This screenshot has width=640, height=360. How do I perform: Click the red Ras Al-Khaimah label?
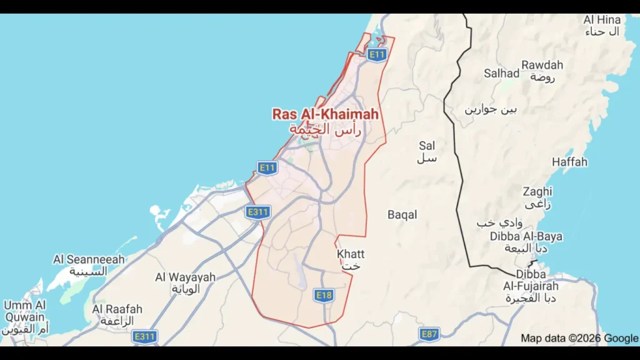325,114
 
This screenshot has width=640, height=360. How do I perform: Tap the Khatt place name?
350,254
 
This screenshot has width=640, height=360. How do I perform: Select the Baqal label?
402,214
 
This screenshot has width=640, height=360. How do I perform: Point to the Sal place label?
427,146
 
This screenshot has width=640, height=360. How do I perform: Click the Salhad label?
501,73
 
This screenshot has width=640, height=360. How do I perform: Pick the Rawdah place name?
542,65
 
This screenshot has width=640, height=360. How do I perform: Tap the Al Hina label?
602,20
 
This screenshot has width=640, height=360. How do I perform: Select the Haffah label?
569,162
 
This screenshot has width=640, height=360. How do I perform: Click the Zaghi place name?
537,191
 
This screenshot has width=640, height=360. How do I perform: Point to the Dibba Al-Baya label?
526,236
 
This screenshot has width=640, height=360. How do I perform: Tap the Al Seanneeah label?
89,259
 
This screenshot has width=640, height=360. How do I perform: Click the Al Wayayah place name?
185,277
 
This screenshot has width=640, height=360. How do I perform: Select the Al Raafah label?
117,309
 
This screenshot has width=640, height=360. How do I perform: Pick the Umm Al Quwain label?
25,311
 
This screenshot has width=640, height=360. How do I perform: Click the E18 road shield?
323,295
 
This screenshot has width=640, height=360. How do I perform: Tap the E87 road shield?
429,334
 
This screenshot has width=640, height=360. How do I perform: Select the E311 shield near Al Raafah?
144,337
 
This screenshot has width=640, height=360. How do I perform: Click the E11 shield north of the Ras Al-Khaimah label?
376,55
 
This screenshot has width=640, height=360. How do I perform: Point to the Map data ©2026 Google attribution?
579,338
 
